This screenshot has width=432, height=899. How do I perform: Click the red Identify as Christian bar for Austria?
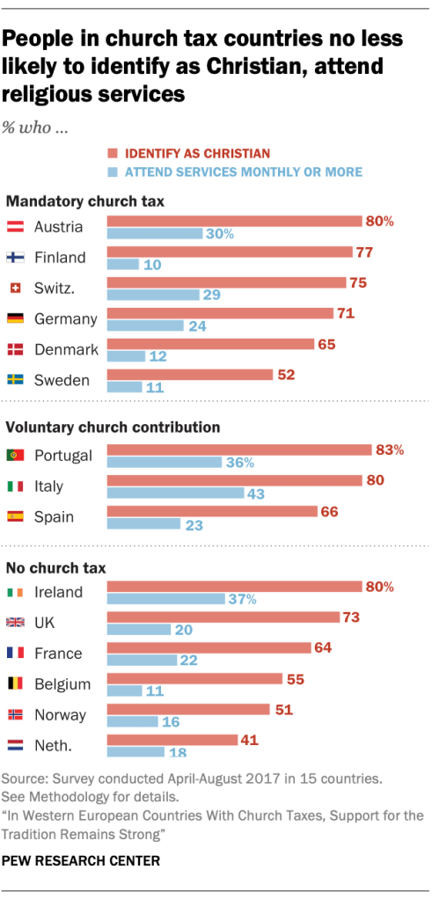tap(234, 221)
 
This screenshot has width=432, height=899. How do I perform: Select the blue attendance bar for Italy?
tap(175, 493)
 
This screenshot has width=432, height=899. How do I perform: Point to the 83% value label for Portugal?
tap(389, 449)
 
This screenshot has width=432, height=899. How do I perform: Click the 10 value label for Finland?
tap(152, 264)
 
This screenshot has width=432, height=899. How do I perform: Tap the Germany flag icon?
tap(14, 318)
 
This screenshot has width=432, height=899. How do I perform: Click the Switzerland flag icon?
tap(14, 288)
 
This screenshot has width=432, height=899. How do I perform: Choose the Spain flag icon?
tap(14, 516)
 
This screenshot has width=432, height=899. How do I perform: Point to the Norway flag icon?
tap(14, 714)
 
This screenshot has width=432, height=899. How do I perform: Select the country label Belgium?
tap(62, 683)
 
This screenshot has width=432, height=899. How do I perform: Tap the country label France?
tap(58, 653)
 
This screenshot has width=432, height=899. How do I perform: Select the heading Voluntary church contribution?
tap(113, 428)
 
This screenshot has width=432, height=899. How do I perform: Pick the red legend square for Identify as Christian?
tap(112, 153)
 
